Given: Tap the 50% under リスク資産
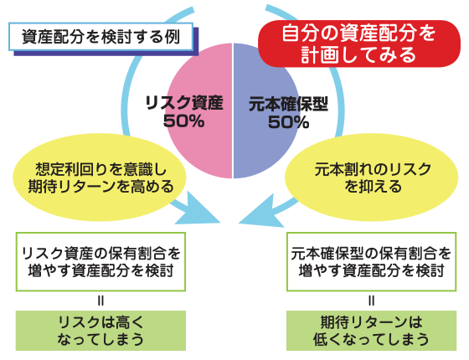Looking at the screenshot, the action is [x=184, y=121].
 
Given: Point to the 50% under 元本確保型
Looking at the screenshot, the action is [x=288, y=122].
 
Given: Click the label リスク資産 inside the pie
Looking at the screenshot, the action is [x=184, y=103].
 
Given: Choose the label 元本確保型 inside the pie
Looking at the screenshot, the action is [x=288, y=104].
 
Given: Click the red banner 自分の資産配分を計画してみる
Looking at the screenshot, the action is [x=359, y=44].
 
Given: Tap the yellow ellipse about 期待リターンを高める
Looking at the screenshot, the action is [x=100, y=177].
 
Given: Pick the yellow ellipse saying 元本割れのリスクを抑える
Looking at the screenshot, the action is [x=371, y=177].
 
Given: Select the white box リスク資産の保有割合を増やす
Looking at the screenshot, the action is [x=100, y=261].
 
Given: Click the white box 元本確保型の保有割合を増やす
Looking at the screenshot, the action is [x=372, y=261].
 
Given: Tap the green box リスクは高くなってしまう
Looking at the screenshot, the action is [x=100, y=331].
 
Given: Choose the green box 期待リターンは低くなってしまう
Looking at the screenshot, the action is [x=372, y=331].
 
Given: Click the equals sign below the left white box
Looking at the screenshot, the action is [x=100, y=301].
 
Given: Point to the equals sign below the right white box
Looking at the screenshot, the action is [x=372, y=301].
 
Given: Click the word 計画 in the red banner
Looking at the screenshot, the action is [x=317, y=55].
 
